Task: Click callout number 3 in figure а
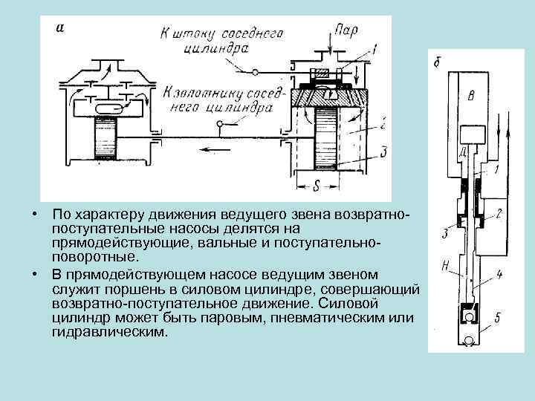[383, 153]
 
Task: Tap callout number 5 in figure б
[496, 319]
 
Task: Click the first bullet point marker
[35, 215]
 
